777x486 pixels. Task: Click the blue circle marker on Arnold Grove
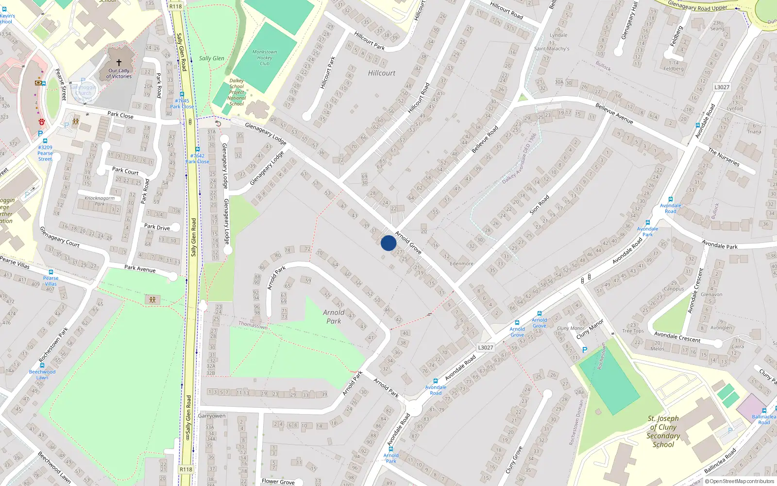tap(388, 243)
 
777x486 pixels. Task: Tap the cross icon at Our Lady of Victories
tap(119, 63)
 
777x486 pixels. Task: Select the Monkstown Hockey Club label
tap(265, 57)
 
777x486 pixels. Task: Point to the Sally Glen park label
tap(212, 58)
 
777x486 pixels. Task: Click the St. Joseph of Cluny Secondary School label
tap(663, 431)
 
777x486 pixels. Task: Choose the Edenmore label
tap(461, 264)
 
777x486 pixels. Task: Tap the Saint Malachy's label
tap(552, 49)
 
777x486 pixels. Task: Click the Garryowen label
tap(212, 416)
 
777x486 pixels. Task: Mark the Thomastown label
tap(253, 325)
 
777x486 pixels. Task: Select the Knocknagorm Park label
tap(100, 201)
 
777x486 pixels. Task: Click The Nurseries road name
tap(724, 157)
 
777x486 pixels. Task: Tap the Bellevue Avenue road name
tap(614, 113)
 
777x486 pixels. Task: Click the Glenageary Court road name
tap(59, 237)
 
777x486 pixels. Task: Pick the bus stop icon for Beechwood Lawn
tap(42, 365)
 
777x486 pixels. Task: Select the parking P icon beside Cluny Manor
tap(585, 350)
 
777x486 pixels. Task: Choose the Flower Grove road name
tap(278, 482)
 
